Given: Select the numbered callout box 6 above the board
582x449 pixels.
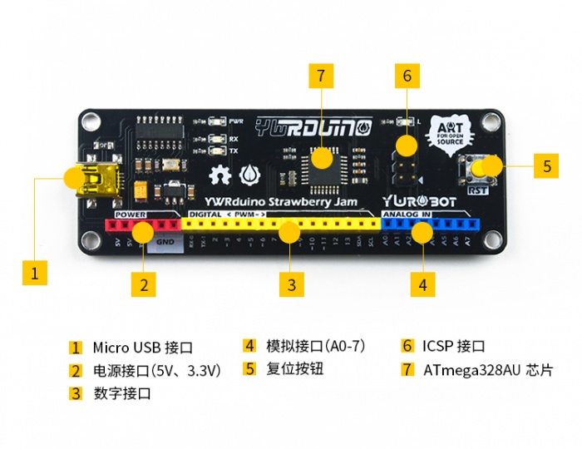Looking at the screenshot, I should pos(407,76).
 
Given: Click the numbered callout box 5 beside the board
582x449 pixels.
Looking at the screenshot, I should pos(546,165).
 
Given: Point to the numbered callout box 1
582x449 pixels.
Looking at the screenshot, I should pos(34,272).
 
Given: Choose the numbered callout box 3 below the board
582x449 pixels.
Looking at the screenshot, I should pos(290,285).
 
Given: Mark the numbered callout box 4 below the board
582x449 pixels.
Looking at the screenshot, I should pos(422,285).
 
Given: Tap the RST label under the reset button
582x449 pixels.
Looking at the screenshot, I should pos(477,190).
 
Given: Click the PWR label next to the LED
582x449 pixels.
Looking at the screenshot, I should pos(236,121).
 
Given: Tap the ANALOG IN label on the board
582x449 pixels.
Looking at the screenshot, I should pos(407,215).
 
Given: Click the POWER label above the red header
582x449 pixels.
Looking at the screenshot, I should pos(131,215).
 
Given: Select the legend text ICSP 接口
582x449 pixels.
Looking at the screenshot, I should pos(453,347).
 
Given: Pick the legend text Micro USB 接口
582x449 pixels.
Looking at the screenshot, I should pos(143,347).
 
